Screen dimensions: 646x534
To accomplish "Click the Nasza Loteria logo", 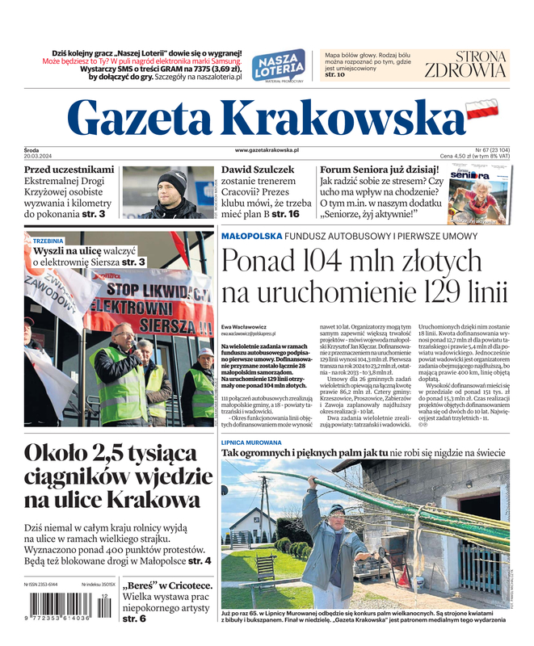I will click(x=278, y=65).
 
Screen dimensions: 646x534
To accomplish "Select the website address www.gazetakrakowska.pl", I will click(x=267, y=150).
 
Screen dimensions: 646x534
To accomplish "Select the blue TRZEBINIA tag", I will click(x=48, y=241).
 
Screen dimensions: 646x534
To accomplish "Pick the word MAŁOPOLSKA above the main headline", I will click(x=251, y=236).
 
